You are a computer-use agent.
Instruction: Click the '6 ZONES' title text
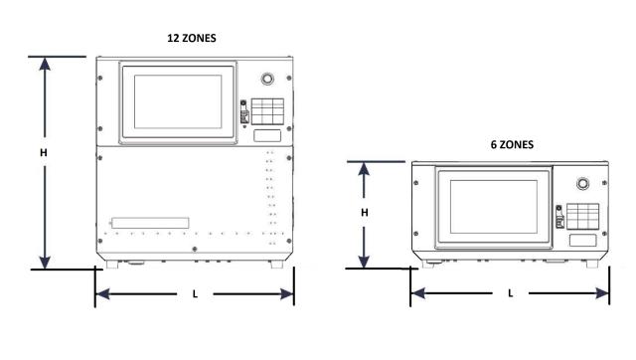coord(512,144)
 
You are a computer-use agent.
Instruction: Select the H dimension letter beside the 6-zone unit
coord(365,213)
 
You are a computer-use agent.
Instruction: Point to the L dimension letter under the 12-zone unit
coord(194,294)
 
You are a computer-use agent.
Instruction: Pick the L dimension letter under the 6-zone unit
coord(511,294)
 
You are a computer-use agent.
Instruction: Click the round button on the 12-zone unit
coord(265,79)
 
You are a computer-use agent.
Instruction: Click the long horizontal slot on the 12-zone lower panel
coord(151,223)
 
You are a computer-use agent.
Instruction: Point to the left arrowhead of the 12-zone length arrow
coord(100,294)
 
